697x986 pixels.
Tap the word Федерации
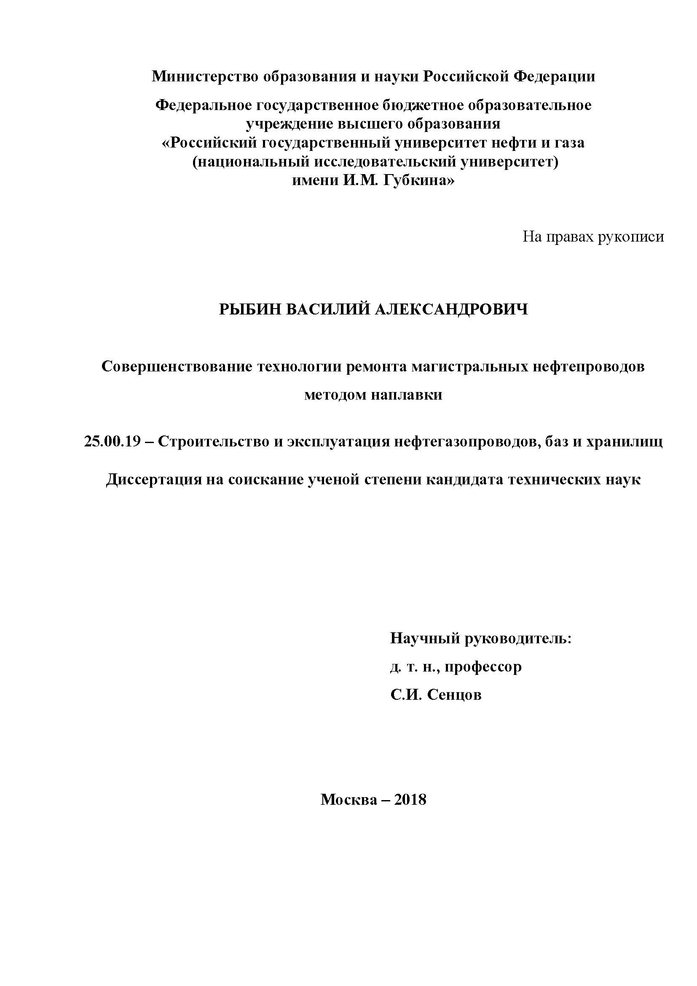point(554,76)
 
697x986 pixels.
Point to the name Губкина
point(417,180)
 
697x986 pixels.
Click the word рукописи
point(630,236)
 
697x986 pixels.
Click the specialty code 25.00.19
point(113,441)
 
